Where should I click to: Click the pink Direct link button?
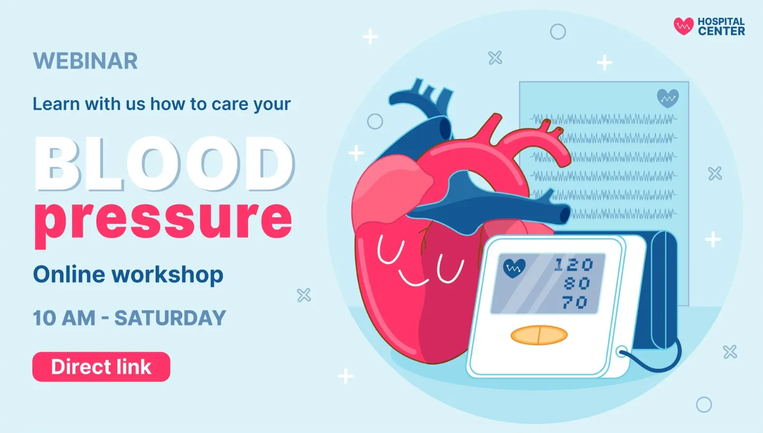[101, 367]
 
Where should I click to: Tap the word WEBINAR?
[85, 61]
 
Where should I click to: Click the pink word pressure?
[163, 221]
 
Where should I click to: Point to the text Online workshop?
[128, 275]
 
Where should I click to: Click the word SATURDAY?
[170, 318]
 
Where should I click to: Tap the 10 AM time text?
[64, 318]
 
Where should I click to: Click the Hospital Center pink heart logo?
[684, 26]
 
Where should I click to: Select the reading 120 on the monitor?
[574, 265]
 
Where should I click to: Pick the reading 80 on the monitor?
[577, 283]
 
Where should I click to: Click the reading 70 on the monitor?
[575, 302]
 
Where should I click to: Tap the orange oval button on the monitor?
[539, 335]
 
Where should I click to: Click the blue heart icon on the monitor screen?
[514, 268]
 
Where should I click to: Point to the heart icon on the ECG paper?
[668, 98]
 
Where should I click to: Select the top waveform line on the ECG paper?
[603, 119]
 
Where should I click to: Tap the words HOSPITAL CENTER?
[722, 26]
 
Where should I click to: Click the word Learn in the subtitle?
[56, 104]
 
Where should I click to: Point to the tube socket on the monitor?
[621, 352]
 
